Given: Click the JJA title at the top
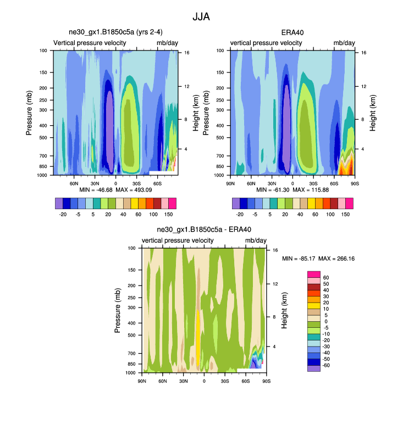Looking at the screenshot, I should pyautogui.click(x=201, y=16).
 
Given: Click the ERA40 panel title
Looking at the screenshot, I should pyautogui.click(x=292, y=33).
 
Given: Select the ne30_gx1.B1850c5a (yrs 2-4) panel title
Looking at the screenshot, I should pyautogui.click(x=115, y=33).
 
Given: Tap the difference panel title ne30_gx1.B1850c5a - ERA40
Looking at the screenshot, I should pyautogui.click(x=204, y=230).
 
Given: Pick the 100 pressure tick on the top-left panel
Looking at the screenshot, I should pyautogui.click(x=43, y=51).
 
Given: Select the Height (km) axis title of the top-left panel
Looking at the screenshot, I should pyautogui.click(x=196, y=113).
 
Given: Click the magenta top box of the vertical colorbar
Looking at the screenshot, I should pyautogui.click(x=313, y=274).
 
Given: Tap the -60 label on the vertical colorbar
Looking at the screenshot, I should pyautogui.click(x=326, y=365).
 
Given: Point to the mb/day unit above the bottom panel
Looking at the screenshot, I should pyautogui.click(x=256, y=241).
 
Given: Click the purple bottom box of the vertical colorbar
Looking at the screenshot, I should pyautogui.click(x=313, y=368).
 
